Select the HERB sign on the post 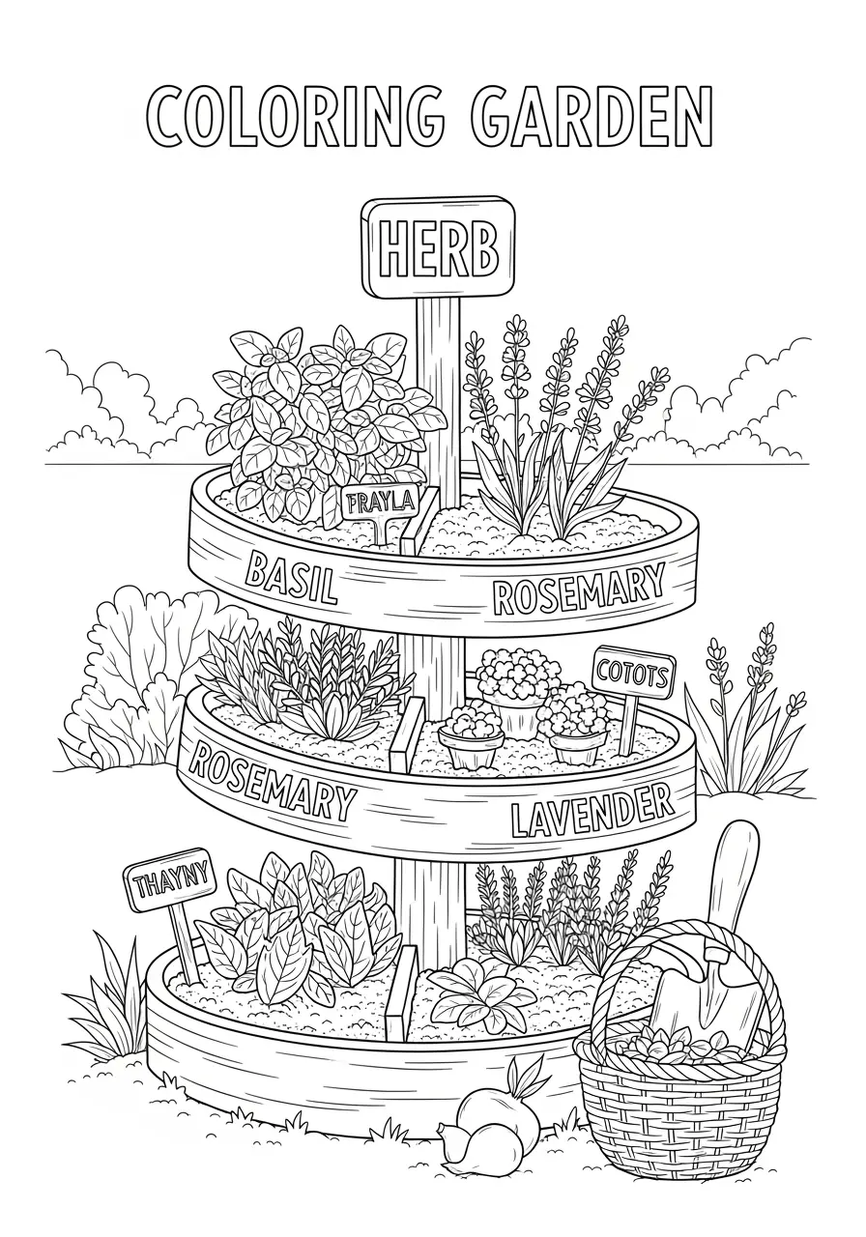(x=439, y=248)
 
